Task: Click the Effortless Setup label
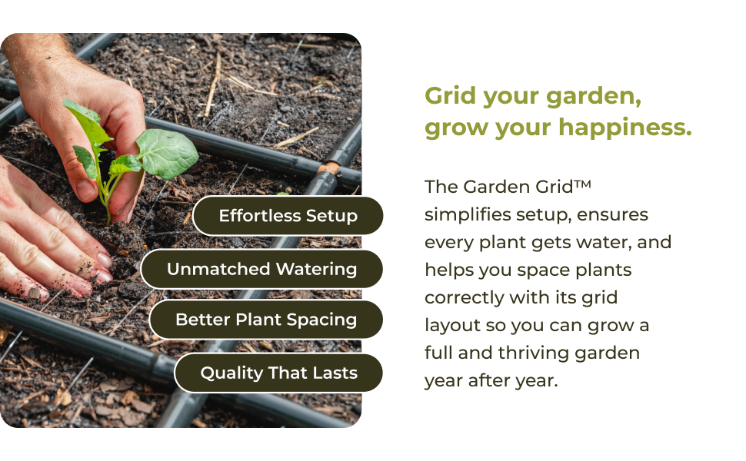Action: coord(288,215)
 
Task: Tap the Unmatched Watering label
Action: coord(261,269)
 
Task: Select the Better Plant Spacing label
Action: coord(266,320)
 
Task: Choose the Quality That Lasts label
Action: coord(278,373)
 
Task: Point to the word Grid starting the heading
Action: coord(450,97)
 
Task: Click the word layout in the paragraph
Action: coord(449,325)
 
